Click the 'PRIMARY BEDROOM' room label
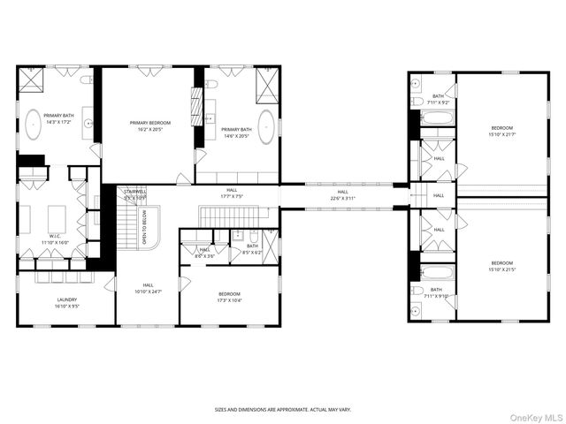[149, 123]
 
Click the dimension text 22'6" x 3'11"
[342, 197]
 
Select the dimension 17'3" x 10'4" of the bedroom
[229, 300]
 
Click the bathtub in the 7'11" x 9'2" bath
[433, 117]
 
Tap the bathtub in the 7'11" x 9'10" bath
[433, 271]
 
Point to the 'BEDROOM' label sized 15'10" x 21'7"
[501, 129]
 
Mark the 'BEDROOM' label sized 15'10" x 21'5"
[501, 262]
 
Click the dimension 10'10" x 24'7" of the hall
[148, 291]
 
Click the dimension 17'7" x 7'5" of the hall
[231, 196]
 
